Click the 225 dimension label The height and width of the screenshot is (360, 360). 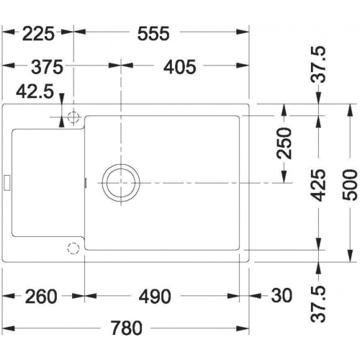pos(38,34)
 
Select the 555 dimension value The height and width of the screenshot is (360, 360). pos(153,34)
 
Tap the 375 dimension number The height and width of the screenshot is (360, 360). pos(47,67)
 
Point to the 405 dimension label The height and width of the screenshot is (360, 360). pos(180,67)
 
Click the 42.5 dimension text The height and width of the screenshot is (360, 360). pos(35,91)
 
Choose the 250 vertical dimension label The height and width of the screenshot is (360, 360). pos(284,143)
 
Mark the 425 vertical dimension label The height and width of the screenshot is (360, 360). pos(318,185)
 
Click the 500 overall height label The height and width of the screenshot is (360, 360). pos(350,185)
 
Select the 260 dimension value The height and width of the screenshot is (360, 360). pos(41,297)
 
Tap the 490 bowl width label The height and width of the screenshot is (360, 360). pos(155,297)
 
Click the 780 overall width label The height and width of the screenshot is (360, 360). pos(127,328)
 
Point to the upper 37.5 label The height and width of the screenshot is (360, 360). pos(318,64)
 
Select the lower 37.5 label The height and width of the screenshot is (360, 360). pos(318,303)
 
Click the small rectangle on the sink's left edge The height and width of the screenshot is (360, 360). pos(7,183)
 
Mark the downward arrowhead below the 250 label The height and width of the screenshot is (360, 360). pos(284,177)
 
